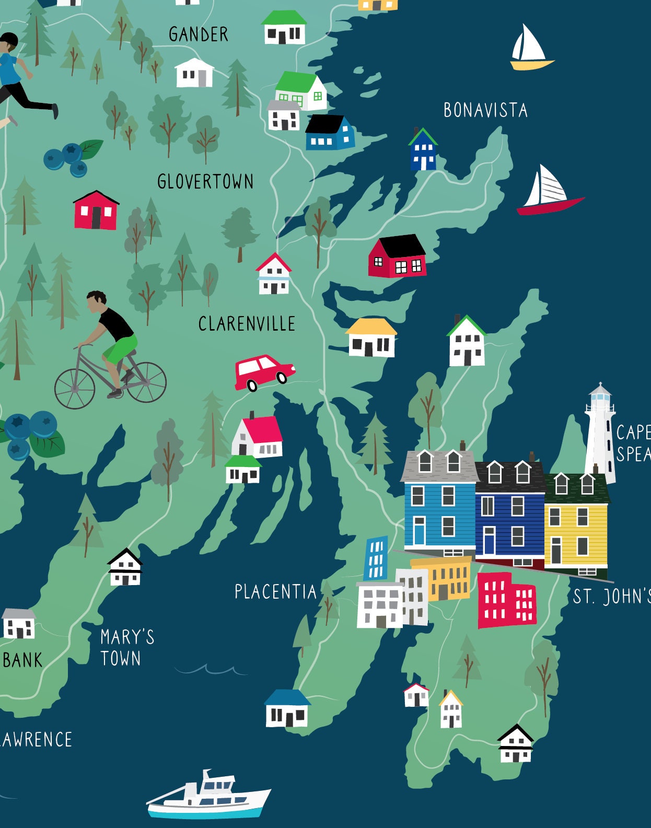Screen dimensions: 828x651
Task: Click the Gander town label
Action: pos(199,34)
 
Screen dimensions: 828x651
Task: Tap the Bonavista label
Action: pos(485,110)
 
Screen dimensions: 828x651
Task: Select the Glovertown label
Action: pos(205,182)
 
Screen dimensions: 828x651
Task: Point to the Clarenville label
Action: pos(247,324)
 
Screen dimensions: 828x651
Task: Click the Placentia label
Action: pos(275,592)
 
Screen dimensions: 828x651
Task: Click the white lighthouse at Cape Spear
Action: pos(600,434)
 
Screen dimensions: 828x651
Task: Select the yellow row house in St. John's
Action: pos(576,522)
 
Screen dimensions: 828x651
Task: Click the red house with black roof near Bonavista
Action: pos(398,257)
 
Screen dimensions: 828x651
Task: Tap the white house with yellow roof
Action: pos(371,338)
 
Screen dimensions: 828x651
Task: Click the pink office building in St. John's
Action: pos(506,600)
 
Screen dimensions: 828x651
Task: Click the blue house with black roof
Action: pos(330,134)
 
